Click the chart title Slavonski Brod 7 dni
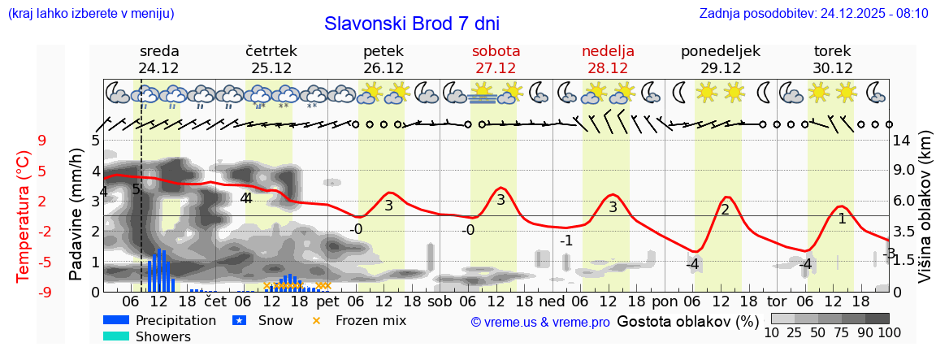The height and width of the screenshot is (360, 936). (412, 24)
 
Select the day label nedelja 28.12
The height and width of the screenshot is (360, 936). (608, 59)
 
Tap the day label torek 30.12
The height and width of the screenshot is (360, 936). (832, 59)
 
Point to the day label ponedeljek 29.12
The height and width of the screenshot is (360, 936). (720, 59)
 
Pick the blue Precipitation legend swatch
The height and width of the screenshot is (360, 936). (115, 320)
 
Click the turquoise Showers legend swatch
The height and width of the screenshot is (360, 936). (115, 336)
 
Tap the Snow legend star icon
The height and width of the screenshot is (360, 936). (239, 320)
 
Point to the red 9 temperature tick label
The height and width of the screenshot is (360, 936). (42, 141)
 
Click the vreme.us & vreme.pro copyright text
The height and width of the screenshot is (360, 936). (540, 322)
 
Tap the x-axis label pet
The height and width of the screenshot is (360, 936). (327, 300)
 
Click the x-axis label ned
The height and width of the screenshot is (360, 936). (552, 300)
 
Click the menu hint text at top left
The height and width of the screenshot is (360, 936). (90, 14)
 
